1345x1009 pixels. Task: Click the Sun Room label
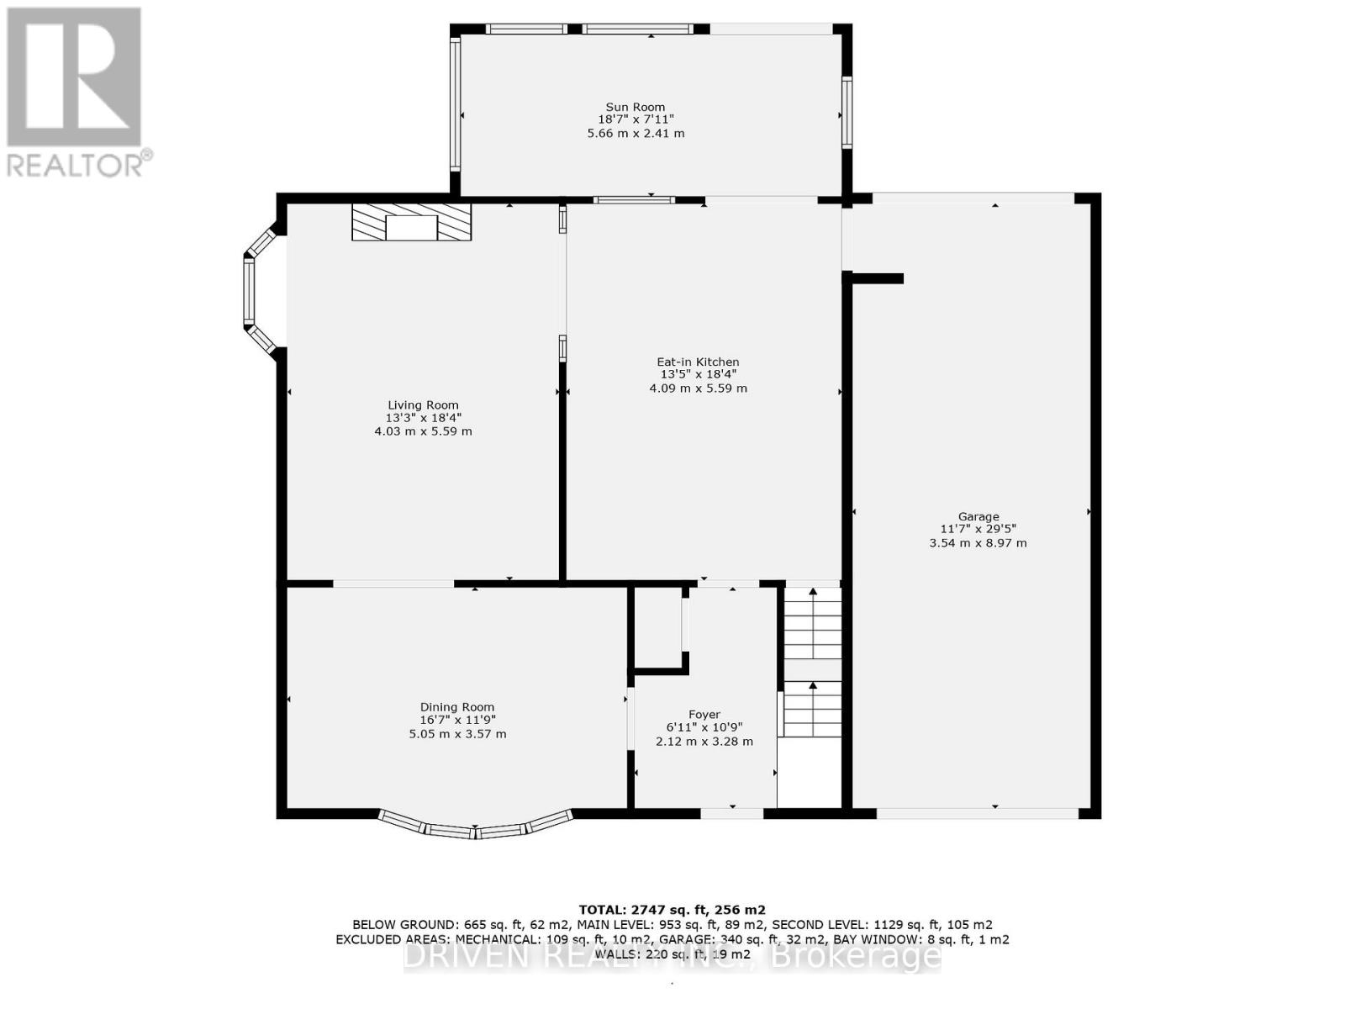point(636,107)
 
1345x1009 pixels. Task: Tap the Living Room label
point(423,404)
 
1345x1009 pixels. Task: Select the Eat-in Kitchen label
point(698,362)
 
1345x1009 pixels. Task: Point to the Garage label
point(978,516)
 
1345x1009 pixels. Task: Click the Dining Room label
point(457,707)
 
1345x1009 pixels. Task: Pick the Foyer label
point(704,715)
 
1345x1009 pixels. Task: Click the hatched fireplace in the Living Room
point(411,222)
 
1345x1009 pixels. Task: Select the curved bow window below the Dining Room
point(476,828)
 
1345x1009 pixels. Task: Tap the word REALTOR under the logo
point(76,164)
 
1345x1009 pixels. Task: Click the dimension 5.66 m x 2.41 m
point(636,133)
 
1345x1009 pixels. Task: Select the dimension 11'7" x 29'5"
point(978,529)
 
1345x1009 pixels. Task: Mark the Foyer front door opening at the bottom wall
point(732,812)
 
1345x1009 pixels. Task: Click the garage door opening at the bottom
point(977,812)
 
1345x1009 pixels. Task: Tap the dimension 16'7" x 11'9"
point(457,720)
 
